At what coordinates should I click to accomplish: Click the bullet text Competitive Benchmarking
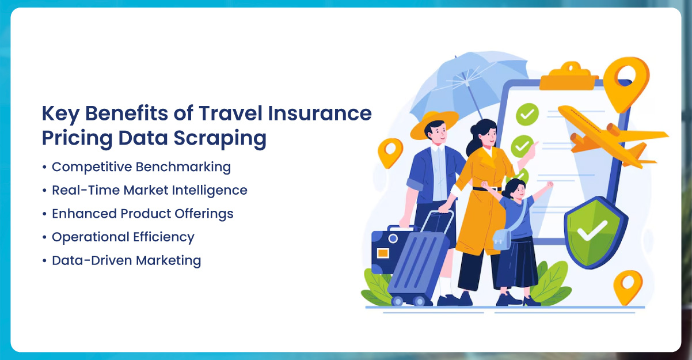click(x=141, y=167)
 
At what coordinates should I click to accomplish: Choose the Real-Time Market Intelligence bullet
click(x=149, y=190)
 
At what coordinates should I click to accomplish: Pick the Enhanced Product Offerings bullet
click(x=142, y=213)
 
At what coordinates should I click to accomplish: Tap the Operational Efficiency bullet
click(x=123, y=237)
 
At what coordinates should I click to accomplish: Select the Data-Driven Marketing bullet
click(x=126, y=260)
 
